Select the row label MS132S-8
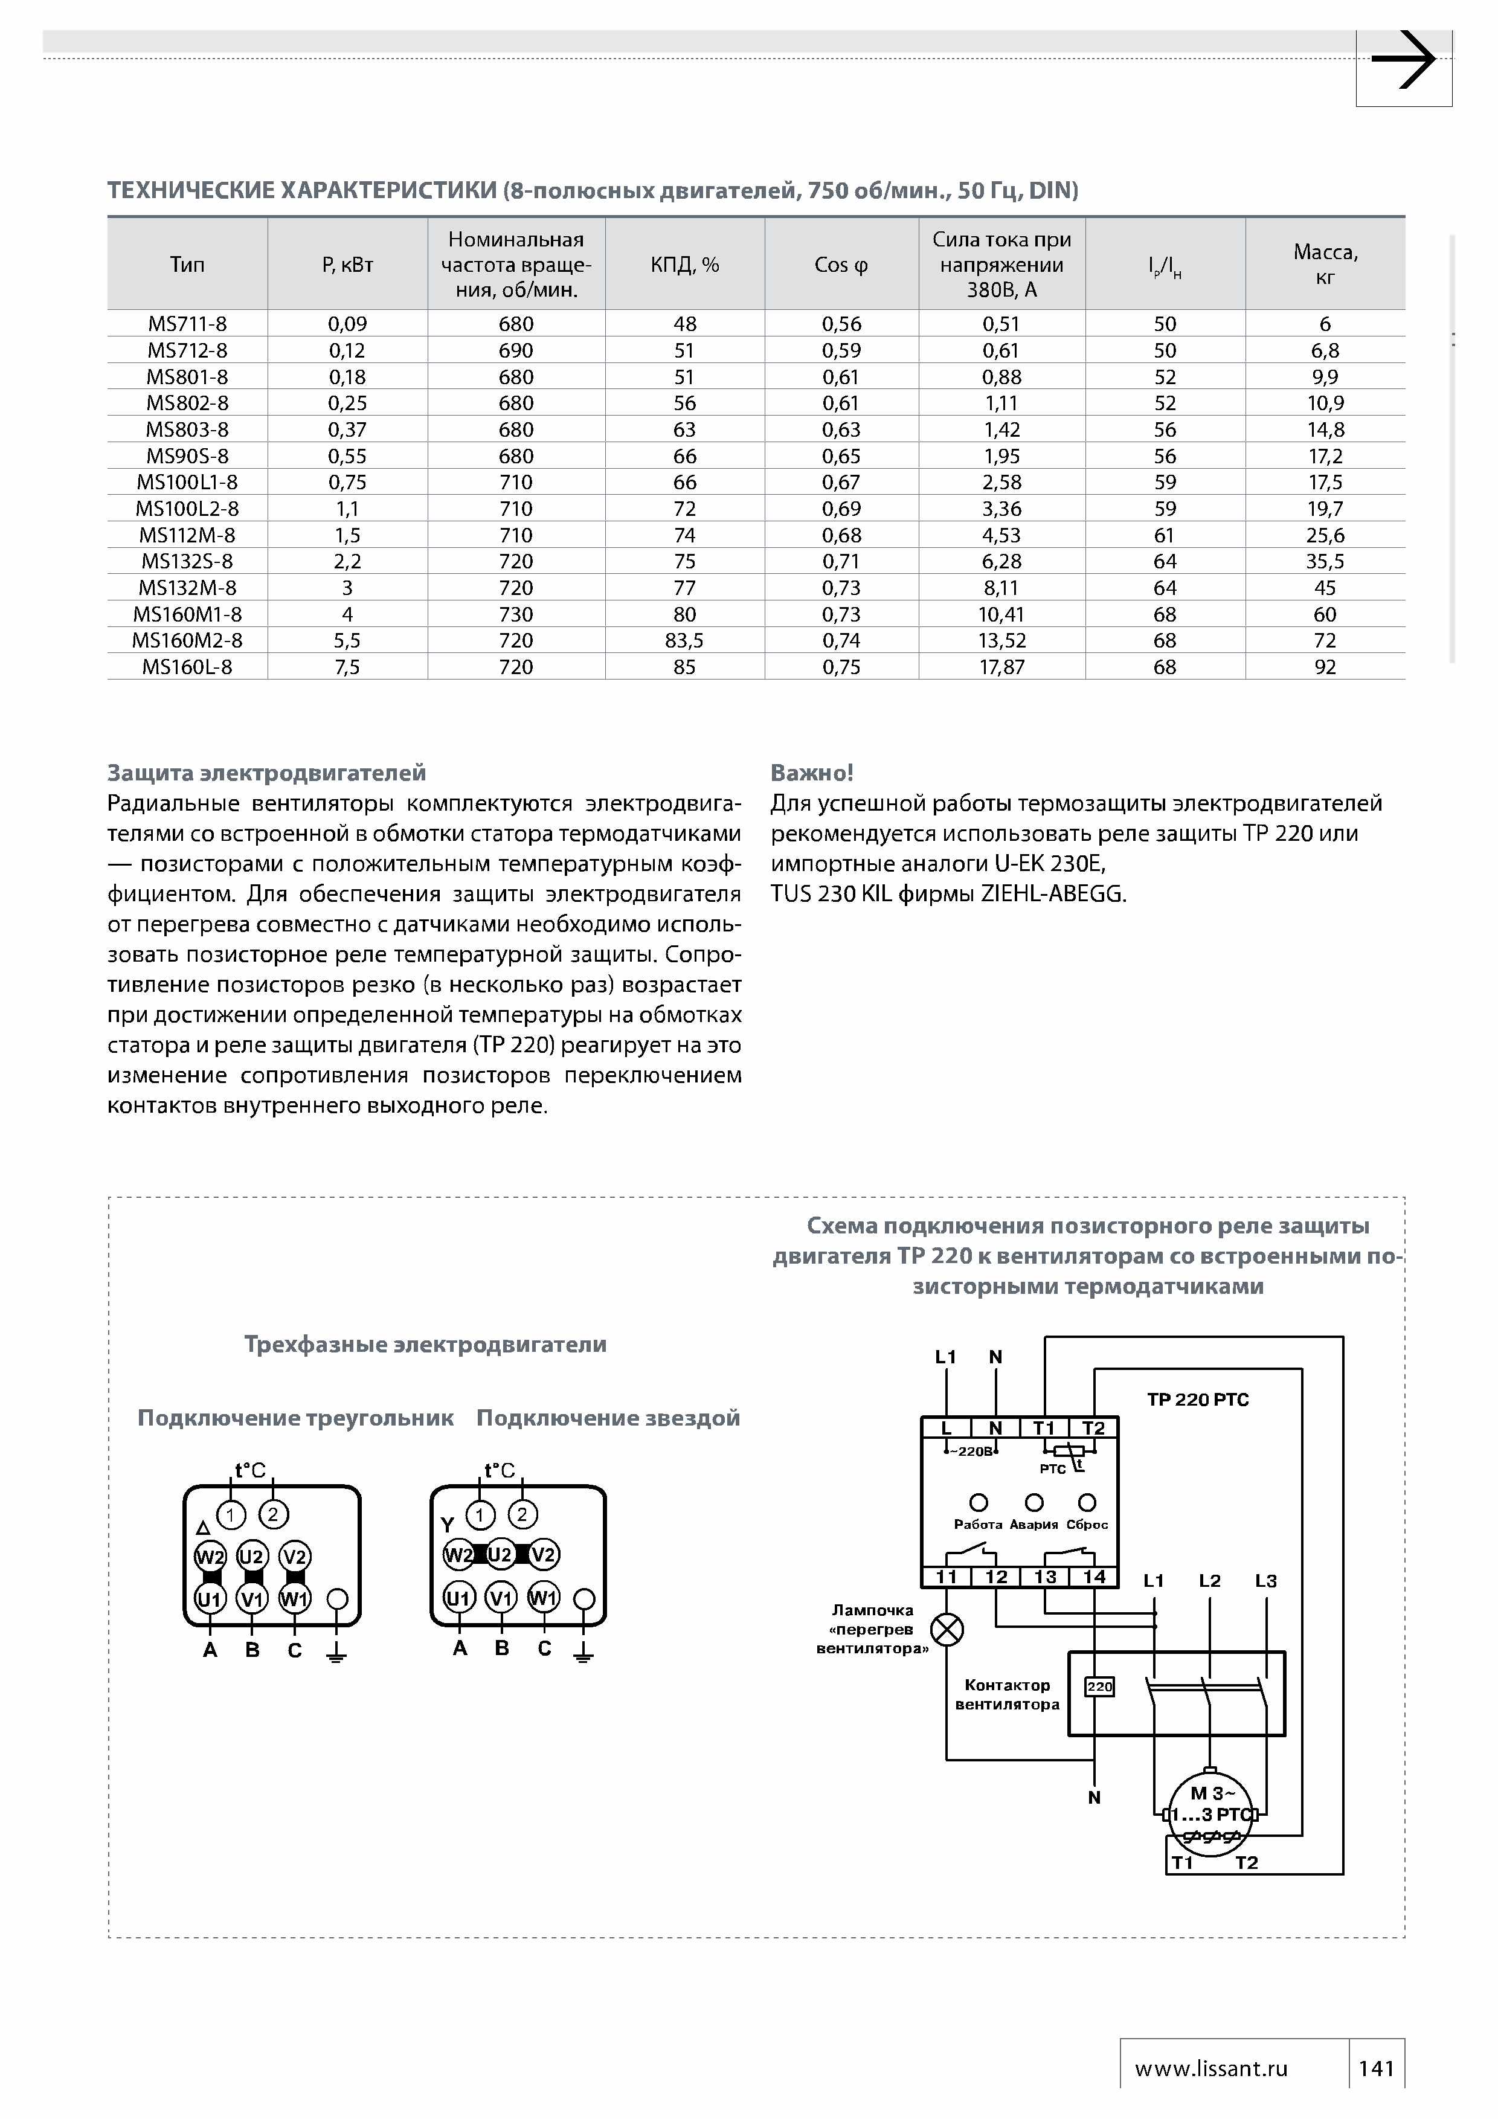[187, 561]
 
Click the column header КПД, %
[685, 265]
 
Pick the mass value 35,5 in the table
[1325, 561]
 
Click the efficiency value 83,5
[685, 640]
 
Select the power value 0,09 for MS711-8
[347, 324]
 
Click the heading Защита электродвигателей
[267, 773]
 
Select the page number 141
[1376, 2068]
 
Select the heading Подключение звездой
[608, 1418]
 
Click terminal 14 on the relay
[1095, 1577]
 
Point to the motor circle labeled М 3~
[1211, 1812]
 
